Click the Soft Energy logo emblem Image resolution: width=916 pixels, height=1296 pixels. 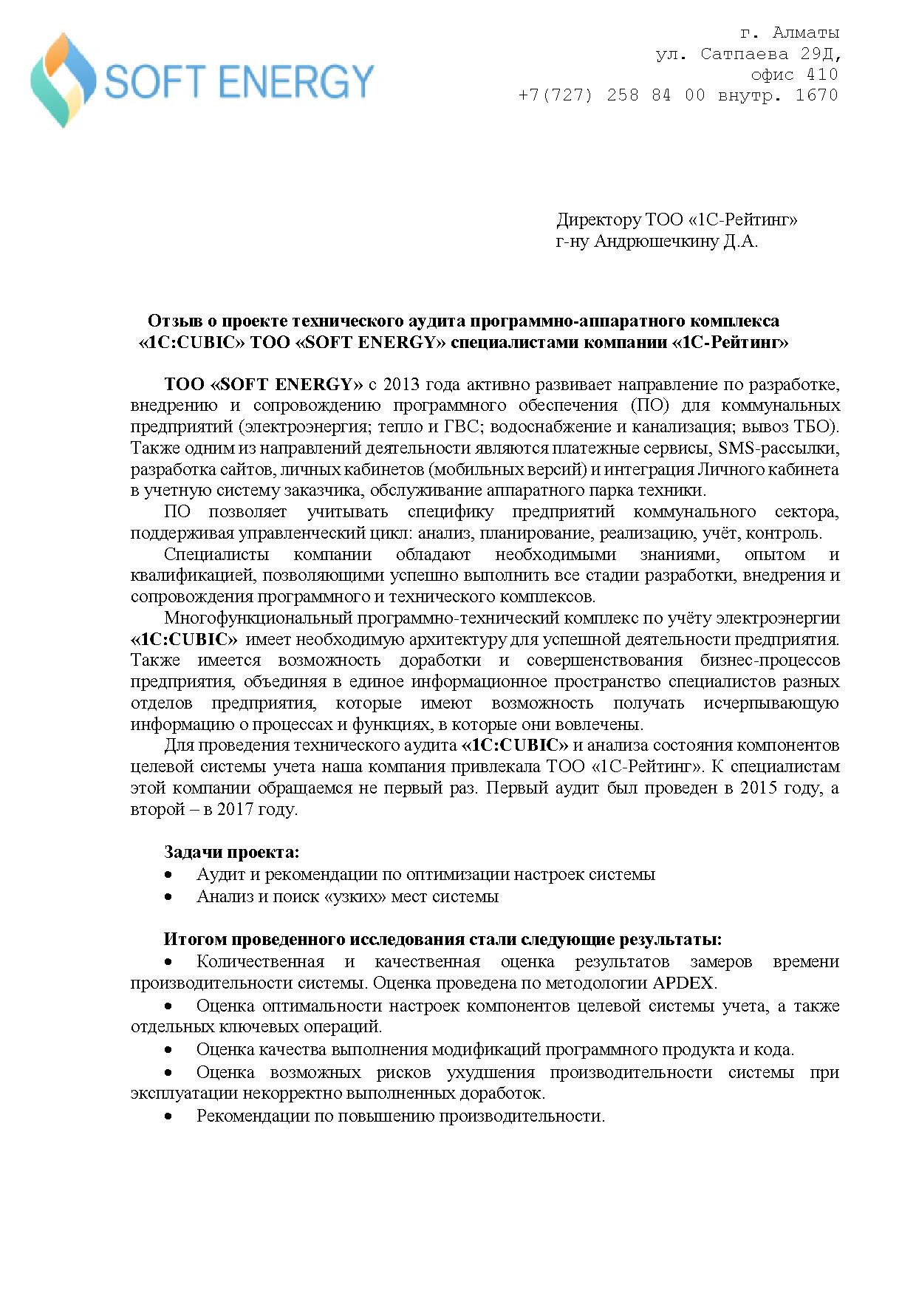pyautogui.click(x=63, y=80)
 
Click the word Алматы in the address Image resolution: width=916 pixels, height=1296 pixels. pyautogui.click(x=806, y=33)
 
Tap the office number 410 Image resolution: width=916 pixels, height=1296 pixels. pyautogui.click(x=822, y=75)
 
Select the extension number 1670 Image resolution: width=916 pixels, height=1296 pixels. pyautogui.click(x=817, y=95)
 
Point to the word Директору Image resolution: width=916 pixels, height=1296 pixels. pyautogui.click(x=598, y=220)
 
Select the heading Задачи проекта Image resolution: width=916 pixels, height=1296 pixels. pyautogui.click(x=231, y=853)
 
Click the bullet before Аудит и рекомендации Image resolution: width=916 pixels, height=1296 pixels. pyautogui.click(x=169, y=875)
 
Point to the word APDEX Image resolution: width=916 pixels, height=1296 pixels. pyautogui.click(x=683, y=983)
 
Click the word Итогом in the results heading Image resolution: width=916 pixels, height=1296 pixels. pyautogui.click(x=195, y=940)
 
